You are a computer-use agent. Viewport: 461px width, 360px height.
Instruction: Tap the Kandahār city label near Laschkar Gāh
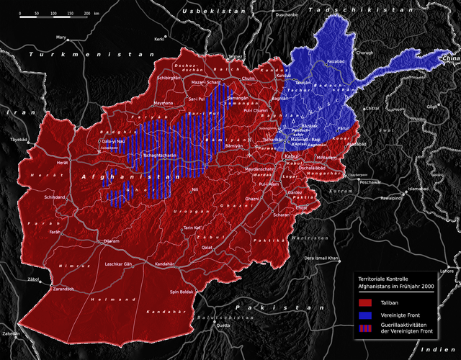(165, 264)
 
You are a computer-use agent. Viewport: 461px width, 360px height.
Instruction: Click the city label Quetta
(223, 325)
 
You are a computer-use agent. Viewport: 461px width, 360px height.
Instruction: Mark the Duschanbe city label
(286, 14)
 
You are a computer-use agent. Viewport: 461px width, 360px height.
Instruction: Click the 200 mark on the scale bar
(86, 13)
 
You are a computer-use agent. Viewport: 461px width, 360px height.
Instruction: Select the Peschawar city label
(371, 183)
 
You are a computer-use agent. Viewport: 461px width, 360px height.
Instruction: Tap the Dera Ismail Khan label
(321, 257)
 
